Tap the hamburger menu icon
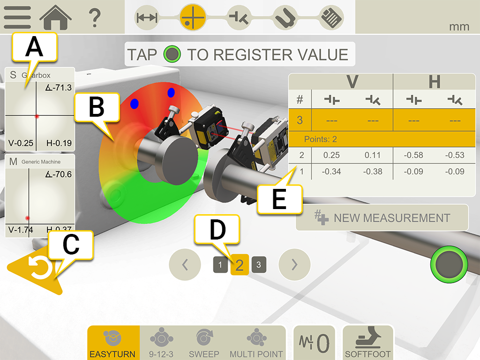17,17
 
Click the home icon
55,17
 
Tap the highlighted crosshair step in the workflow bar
193,17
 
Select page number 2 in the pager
240,265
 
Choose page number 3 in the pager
258,265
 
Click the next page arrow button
294,265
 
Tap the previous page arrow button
185,265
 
